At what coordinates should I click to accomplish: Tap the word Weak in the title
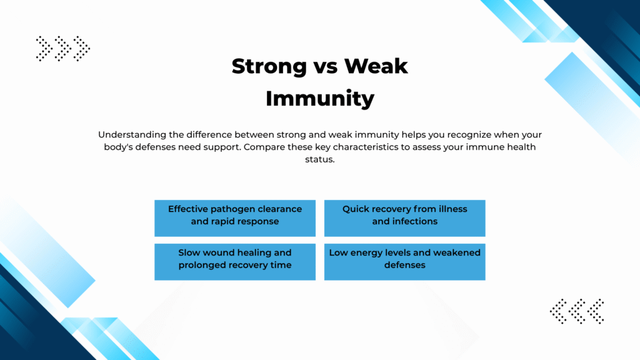point(376,66)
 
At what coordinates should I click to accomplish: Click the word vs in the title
point(325,67)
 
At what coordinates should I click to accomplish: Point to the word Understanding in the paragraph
point(132,135)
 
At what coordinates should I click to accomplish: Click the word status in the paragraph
point(320,159)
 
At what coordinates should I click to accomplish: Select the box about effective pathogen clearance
point(235,218)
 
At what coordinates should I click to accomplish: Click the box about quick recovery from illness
point(404,218)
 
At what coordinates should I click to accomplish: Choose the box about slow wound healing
point(235,262)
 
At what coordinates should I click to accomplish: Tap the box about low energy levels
point(404,262)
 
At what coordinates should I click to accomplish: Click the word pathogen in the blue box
point(229,209)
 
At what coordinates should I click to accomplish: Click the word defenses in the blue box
point(404,265)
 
